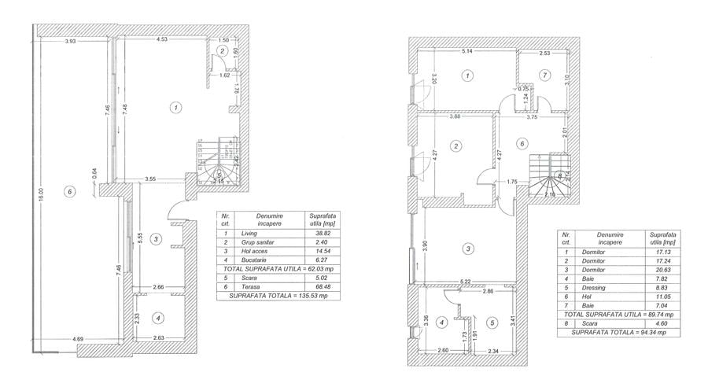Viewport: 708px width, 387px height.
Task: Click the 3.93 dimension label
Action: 71,41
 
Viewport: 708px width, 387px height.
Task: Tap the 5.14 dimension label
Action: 467,52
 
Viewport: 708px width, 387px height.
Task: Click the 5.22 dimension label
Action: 466,281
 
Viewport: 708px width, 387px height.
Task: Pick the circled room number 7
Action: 543,75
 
